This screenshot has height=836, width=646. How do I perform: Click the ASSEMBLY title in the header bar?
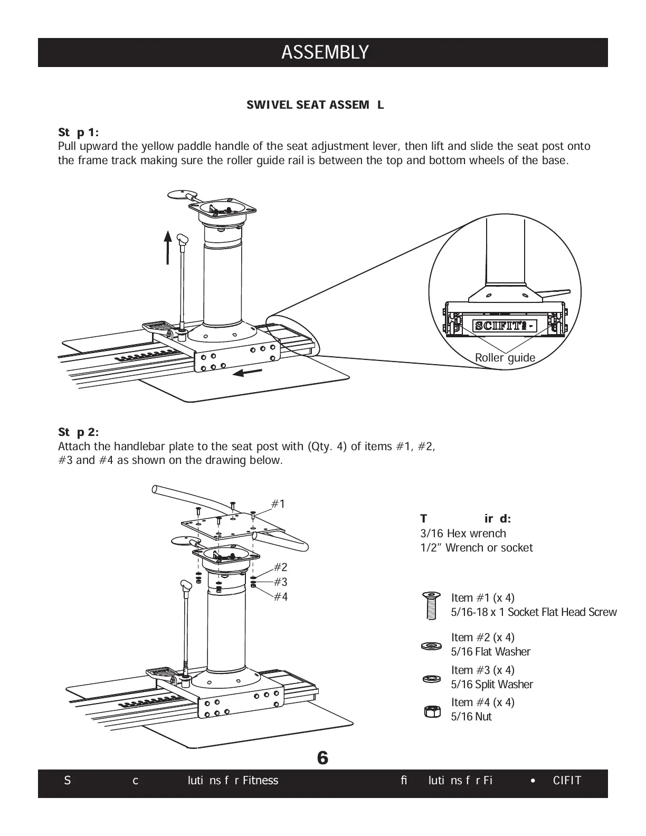pyautogui.click(x=325, y=53)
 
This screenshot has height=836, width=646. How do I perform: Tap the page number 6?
pyautogui.click(x=322, y=758)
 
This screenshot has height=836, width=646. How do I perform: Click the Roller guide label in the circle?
pyautogui.click(x=505, y=358)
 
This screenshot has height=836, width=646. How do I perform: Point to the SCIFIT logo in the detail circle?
pyautogui.click(x=505, y=326)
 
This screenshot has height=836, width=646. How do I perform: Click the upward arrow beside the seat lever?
pyautogui.click(x=167, y=246)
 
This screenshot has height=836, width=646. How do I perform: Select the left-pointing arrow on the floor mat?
pyautogui.click(x=248, y=373)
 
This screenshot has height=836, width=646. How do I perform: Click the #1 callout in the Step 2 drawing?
pyautogui.click(x=278, y=504)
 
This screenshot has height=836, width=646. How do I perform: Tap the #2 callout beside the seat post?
pyautogui.click(x=281, y=567)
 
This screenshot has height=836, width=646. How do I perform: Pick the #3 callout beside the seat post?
pyautogui.click(x=281, y=582)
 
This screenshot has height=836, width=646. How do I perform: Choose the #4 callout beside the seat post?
pyautogui.click(x=281, y=597)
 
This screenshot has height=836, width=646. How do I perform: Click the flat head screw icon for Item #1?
pyautogui.click(x=432, y=605)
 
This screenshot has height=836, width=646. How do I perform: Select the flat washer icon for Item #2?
pyautogui.click(x=432, y=645)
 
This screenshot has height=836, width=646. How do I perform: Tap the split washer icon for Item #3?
pyautogui.click(x=432, y=678)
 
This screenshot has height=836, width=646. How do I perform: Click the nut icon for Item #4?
pyautogui.click(x=432, y=711)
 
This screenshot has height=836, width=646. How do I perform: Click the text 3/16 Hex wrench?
pyautogui.click(x=463, y=534)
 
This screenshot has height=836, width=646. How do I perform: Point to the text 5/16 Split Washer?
pyautogui.click(x=492, y=685)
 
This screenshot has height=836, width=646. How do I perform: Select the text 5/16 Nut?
pyautogui.click(x=471, y=717)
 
